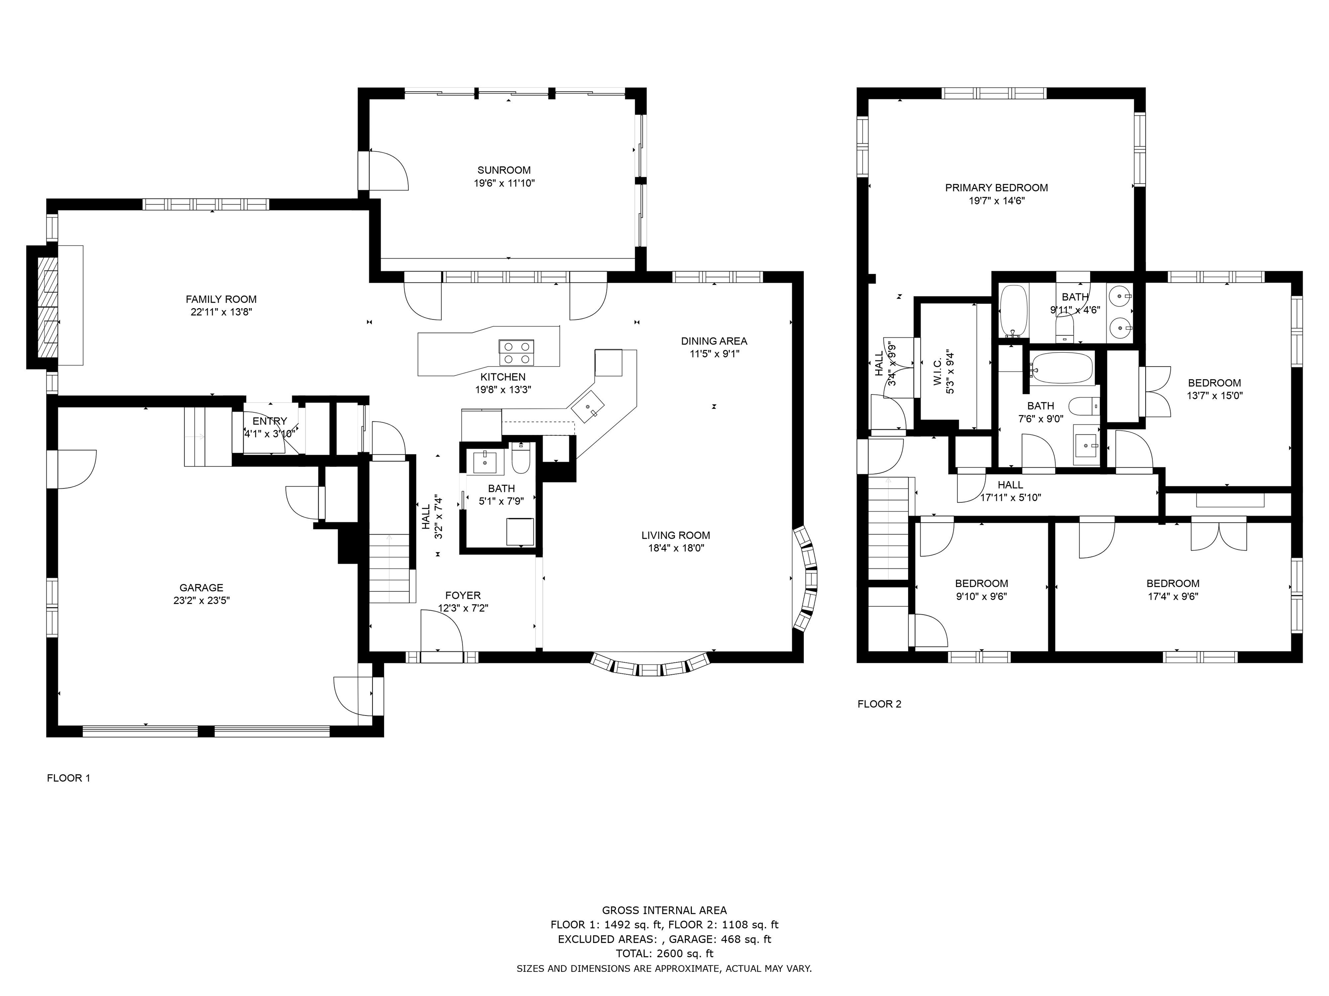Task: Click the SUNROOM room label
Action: pyautogui.click(x=504, y=170)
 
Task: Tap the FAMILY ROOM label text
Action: pyautogui.click(x=221, y=299)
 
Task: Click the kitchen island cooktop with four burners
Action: pyautogui.click(x=516, y=352)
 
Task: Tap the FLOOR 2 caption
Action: pyautogui.click(x=880, y=704)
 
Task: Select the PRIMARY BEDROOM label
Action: pyautogui.click(x=997, y=187)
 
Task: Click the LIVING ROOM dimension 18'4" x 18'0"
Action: pyautogui.click(x=676, y=548)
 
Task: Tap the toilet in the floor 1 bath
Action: pyautogui.click(x=520, y=459)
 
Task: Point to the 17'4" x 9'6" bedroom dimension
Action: pyautogui.click(x=1173, y=597)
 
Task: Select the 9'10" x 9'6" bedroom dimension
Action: pyautogui.click(x=982, y=597)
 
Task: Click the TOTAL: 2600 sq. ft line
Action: pyautogui.click(x=664, y=953)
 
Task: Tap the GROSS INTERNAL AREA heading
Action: pyautogui.click(x=664, y=910)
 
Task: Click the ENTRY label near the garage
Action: pyautogui.click(x=270, y=421)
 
